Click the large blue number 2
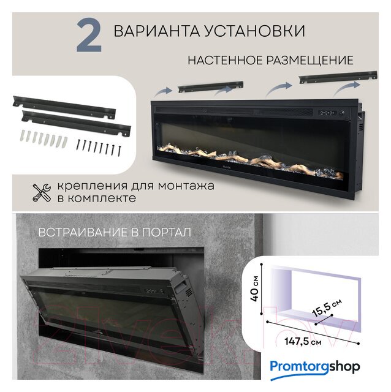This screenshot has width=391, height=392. (x=89, y=36)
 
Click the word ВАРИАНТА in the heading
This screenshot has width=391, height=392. (x=158, y=31)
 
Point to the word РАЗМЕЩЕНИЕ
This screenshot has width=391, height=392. (x=310, y=60)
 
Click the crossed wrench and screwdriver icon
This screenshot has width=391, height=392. (x=42, y=192)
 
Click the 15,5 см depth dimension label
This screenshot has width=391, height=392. (x=327, y=307)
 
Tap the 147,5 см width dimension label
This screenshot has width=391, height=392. (x=303, y=341)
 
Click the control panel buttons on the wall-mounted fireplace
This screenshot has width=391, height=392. (x=327, y=113)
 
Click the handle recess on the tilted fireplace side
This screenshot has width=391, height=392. (x=181, y=286)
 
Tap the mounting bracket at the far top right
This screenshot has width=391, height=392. (x=338, y=78)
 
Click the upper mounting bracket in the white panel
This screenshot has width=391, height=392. (x=64, y=107)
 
